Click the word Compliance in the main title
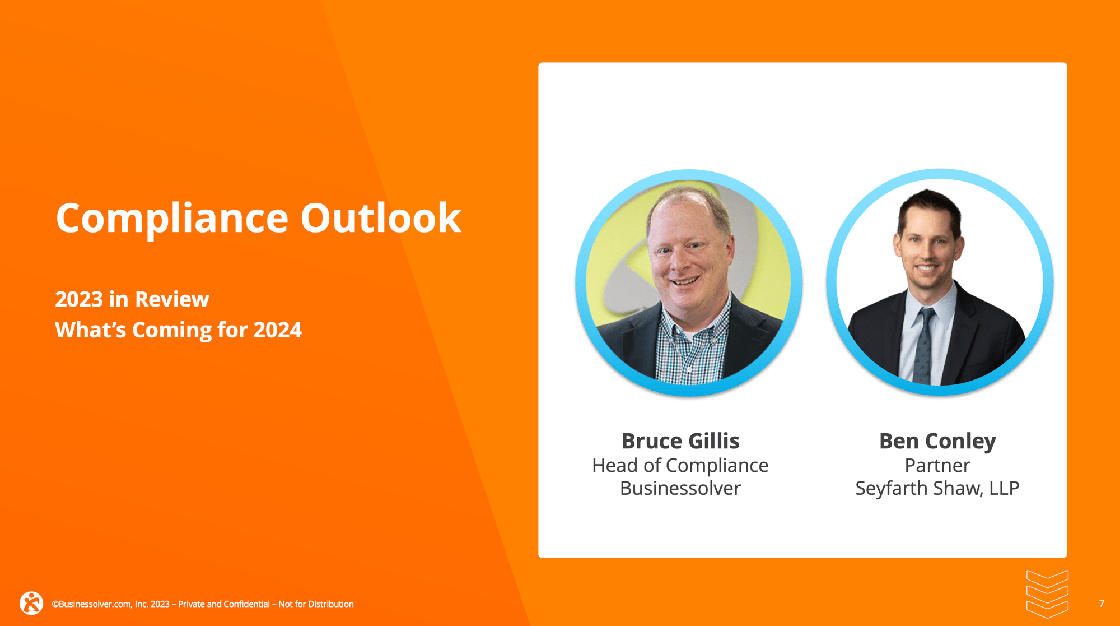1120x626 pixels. [x=171, y=219]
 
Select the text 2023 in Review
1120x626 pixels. [x=132, y=299]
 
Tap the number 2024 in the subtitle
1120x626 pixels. [x=277, y=330]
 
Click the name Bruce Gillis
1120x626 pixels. [x=680, y=441]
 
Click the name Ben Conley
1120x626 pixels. [x=937, y=441]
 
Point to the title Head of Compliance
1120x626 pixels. [x=680, y=466]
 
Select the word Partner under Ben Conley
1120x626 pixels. [x=937, y=466]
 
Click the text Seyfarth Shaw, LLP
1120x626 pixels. [x=937, y=489]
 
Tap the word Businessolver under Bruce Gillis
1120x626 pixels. [x=680, y=489]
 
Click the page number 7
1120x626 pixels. [x=1101, y=604]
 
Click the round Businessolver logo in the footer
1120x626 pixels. [x=31, y=603]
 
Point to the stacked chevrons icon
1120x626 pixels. [x=1047, y=594]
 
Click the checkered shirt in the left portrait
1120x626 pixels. [x=692, y=347]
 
